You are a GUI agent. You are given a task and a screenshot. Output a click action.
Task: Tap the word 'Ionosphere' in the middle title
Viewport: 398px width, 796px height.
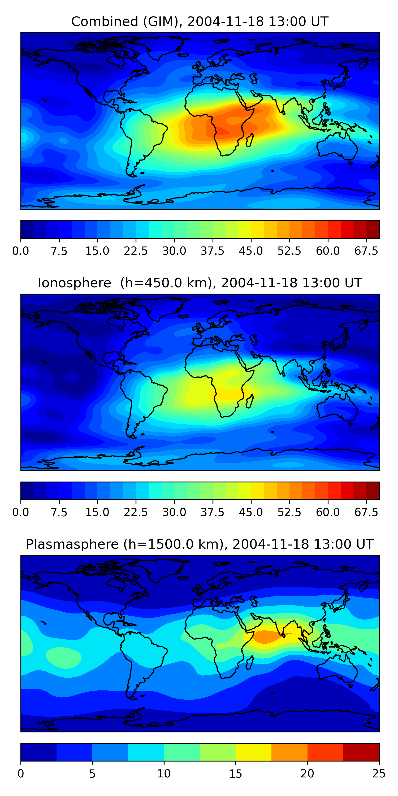74,283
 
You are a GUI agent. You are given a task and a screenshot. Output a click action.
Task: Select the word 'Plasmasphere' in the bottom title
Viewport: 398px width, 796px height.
72,544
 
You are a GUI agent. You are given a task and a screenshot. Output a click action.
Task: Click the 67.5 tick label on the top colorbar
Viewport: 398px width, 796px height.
366,251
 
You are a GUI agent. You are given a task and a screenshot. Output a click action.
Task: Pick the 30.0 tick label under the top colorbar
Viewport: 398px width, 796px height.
174,251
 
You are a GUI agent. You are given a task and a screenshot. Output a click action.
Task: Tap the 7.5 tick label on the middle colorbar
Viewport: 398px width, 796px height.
59,512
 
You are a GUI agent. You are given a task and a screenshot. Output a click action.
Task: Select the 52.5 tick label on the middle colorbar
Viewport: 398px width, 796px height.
289,512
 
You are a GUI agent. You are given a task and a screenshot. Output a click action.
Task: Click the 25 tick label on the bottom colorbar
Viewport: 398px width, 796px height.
379,773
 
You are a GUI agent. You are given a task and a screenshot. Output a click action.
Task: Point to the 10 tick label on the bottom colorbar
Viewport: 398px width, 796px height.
164,773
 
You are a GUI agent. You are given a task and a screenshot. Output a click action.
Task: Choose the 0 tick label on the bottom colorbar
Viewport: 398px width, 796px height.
21,773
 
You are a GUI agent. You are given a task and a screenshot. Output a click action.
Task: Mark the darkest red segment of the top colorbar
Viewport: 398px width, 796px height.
373,230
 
